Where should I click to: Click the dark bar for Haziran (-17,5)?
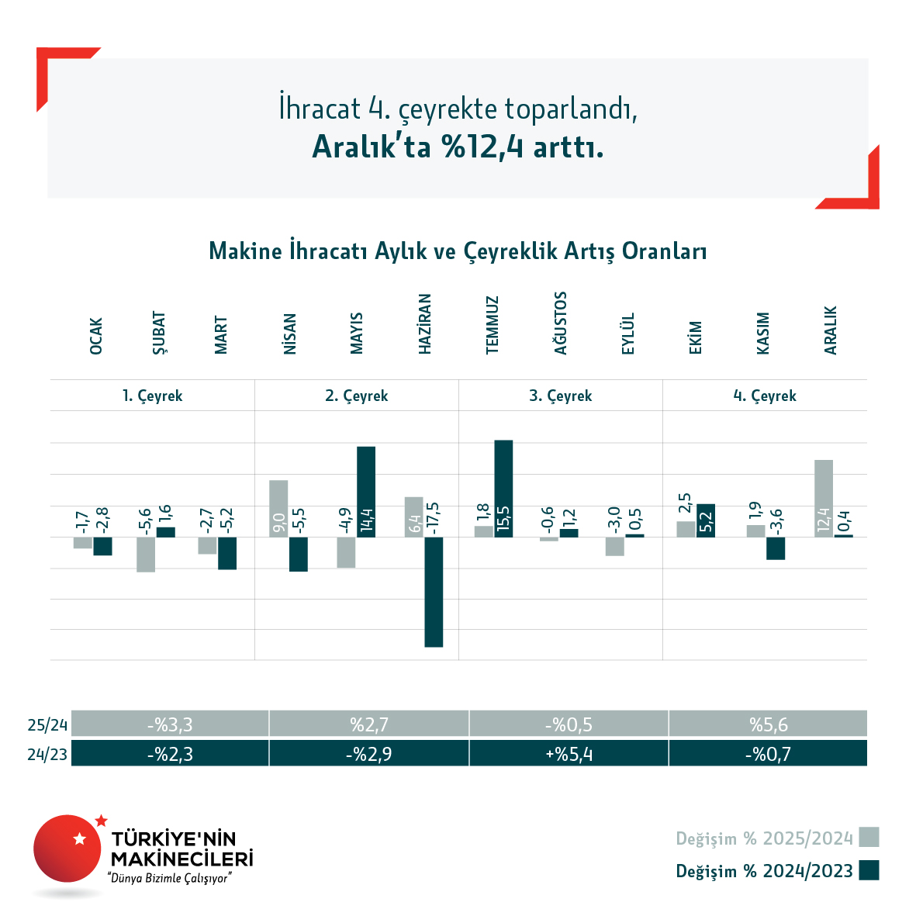click(434, 592)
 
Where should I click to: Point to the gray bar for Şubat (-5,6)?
click(146, 555)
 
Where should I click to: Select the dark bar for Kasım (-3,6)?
click(776, 548)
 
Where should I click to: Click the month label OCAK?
click(96, 336)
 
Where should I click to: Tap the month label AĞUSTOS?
click(561, 323)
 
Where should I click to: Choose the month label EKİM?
click(696, 337)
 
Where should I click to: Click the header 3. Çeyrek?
click(561, 396)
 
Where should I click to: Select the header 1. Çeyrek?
click(153, 396)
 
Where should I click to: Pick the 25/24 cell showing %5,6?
click(768, 724)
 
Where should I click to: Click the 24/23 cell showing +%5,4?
click(569, 753)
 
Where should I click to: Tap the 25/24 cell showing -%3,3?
click(170, 724)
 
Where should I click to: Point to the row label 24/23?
click(47, 754)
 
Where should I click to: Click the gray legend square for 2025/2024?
click(869, 838)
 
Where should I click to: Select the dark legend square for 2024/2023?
click(869, 870)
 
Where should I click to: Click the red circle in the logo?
click(67, 848)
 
